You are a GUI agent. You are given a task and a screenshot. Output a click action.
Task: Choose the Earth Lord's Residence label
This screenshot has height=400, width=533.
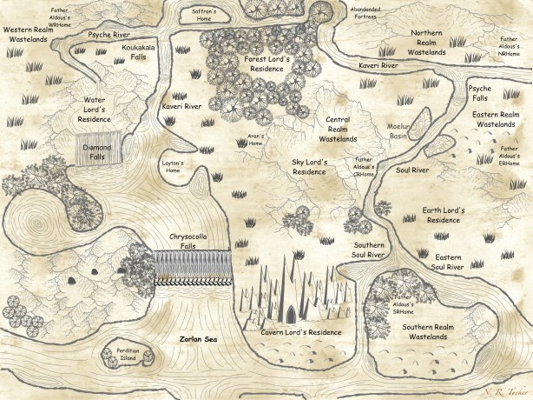(x=444, y=216)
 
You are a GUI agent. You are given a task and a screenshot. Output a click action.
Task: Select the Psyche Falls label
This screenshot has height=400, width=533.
(x=480, y=94)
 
